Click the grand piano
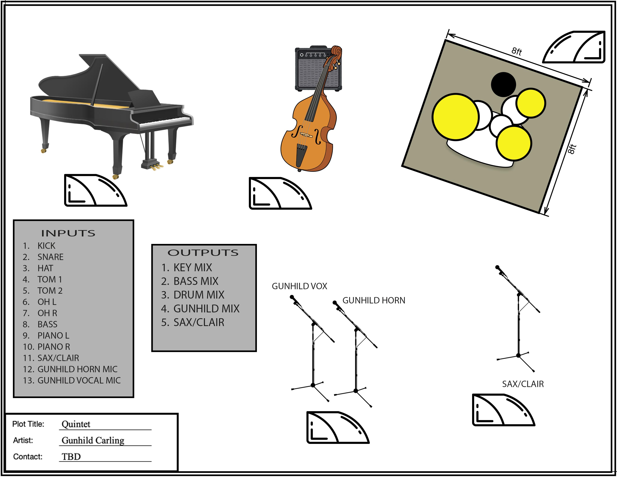(110, 113)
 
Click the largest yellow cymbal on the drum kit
(455, 117)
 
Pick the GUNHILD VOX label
(299, 286)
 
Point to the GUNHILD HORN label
(374, 300)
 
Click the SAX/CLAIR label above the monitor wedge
(523, 384)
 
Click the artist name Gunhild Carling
(93, 440)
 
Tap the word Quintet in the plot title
(76, 424)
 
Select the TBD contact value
(71, 457)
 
